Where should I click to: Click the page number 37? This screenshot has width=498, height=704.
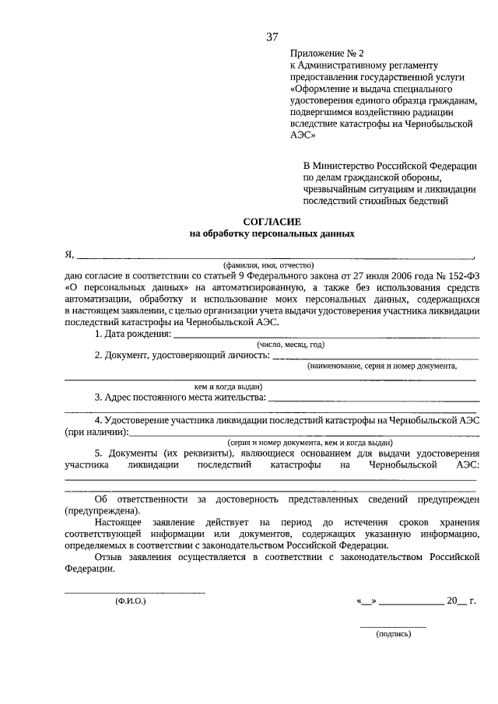pos(272,37)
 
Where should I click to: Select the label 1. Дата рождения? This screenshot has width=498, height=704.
pos(132,334)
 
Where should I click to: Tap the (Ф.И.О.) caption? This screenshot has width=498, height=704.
pos(130,601)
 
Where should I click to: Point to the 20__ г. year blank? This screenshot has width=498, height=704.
pos(461,601)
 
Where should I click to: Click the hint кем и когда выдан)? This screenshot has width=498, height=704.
pos(228,386)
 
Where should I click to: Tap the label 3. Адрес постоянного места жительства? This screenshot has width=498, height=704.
pos(180,398)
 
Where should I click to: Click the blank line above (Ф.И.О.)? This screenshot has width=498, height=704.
pos(135,593)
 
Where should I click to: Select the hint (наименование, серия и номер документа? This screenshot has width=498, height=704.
pos(381,365)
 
